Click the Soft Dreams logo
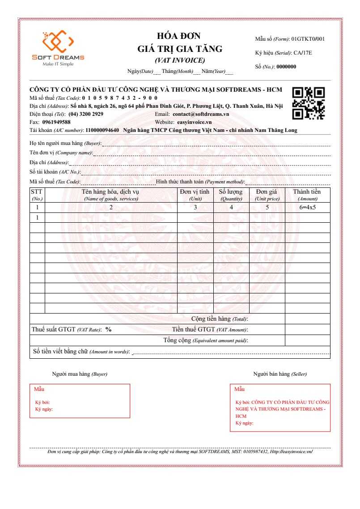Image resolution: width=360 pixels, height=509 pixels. (x=58, y=47)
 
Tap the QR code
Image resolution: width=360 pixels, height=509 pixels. (x=308, y=103)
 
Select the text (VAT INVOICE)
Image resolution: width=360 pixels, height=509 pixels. (x=179, y=60)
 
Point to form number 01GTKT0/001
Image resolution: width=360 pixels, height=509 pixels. (x=308, y=39)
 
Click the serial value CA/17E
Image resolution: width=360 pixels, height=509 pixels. (x=303, y=53)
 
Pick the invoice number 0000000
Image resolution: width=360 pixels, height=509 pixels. (x=287, y=67)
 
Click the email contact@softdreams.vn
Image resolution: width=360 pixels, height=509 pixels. (x=201, y=114)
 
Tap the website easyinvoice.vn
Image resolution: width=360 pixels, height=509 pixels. (x=194, y=122)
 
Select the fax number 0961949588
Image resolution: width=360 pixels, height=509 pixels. (x=56, y=122)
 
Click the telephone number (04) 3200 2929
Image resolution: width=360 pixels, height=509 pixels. (x=86, y=114)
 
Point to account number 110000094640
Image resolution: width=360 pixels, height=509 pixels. (x=102, y=130)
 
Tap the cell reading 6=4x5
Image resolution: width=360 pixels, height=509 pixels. (x=307, y=207)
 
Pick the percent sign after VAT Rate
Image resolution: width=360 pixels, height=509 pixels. (x=108, y=330)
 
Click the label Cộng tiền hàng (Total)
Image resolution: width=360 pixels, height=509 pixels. (x=219, y=319)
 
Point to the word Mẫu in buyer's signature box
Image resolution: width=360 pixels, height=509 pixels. (x=39, y=389)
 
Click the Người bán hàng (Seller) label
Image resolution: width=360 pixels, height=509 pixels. (x=280, y=374)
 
